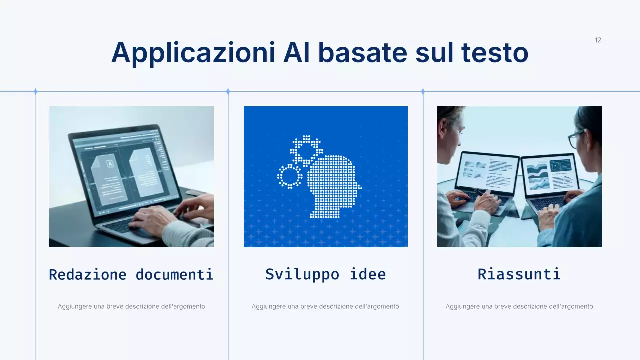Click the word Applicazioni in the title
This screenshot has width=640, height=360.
coord(193,52)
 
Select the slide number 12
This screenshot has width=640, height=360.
coord(598,40)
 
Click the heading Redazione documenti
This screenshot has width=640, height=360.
coord(131,274)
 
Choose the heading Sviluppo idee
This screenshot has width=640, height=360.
coord(325,274)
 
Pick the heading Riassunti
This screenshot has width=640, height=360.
coord(519,274)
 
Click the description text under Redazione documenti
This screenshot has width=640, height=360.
coord(131,306)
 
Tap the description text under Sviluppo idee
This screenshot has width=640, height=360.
coord(325,306)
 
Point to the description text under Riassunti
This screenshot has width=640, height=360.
coord(519,306)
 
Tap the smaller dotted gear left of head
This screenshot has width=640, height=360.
coord(290,176)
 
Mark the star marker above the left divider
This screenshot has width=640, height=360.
coord(35,91)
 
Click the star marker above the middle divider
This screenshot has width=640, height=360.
coord(228,91)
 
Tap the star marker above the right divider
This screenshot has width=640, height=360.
coord(423,91)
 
